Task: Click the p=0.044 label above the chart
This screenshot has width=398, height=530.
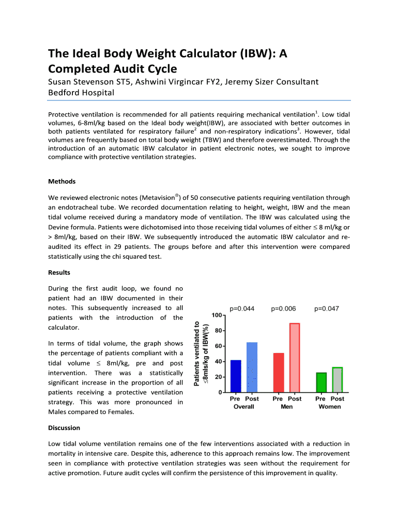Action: [x=241, y=309]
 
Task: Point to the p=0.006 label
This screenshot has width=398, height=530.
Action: [x=283, y=309]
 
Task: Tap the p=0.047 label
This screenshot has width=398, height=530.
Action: [x=327, y=309]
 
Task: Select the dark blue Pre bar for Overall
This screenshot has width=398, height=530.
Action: [x=236, y=376]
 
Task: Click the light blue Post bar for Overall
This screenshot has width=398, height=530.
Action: [x=252, y=367]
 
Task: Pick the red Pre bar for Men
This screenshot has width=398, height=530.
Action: [x=278, y=373]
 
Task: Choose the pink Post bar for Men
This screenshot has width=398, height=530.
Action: [x=295, y=358]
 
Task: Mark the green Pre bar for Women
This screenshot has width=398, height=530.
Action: [x=321, y=382]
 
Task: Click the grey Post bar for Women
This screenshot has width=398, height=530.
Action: [x=338, y=380]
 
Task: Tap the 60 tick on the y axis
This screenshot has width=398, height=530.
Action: [x=219, y=346]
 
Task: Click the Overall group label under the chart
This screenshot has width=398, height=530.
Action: [x=244, y=407]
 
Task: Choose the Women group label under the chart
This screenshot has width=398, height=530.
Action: [x=329, y=407]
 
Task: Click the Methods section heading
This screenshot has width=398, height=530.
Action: [x=62, y=181]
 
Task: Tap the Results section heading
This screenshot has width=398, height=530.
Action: [x=59, y=272]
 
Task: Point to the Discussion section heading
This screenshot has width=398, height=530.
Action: [x=64, y=428]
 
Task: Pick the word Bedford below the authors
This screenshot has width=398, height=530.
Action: [x=65, y=93]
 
